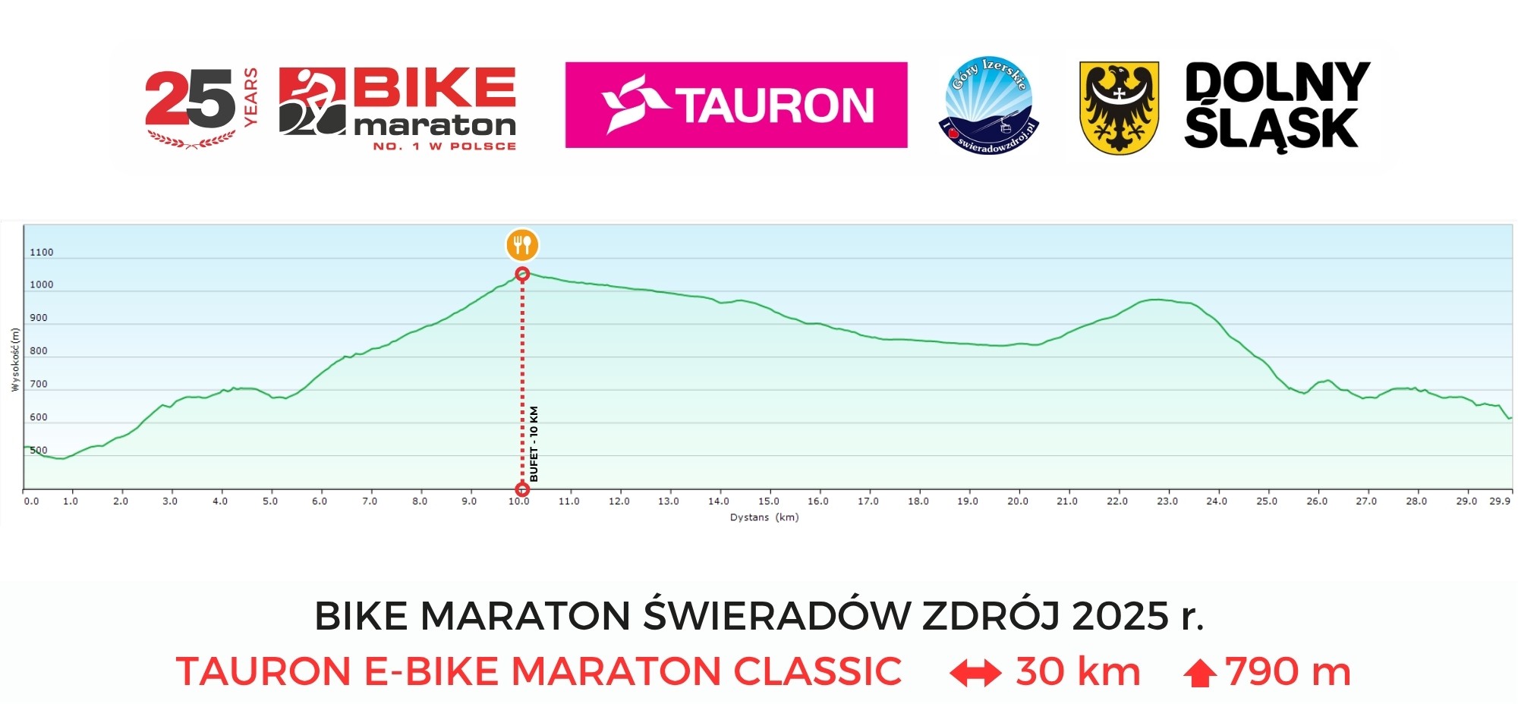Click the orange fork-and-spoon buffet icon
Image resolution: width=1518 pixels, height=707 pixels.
click(x=522, y=245)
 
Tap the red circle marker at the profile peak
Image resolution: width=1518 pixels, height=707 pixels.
click(x=522, y=274)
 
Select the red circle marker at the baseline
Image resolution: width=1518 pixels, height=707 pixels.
click(x=522, y=489)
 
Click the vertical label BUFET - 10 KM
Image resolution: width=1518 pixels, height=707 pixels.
click(x=534, y=444)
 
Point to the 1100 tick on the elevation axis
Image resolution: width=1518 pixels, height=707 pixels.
click(x=41, y=253)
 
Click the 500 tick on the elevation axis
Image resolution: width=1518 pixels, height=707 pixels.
click(x=38, y=451)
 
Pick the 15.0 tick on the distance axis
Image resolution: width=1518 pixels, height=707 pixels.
click(x=768, y=501)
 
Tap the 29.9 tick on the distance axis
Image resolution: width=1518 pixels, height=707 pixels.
click(x=1499, y=501)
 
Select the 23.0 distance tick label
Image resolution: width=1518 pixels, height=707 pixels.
click(x=1167, y=501)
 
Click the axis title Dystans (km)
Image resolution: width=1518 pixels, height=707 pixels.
click(x=764, y=517)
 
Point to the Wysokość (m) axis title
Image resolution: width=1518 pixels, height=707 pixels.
click(x=14, y=359)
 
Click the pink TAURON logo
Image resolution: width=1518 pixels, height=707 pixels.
click(x=736, y=105)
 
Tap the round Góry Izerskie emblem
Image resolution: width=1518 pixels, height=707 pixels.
click(x=990, y=105)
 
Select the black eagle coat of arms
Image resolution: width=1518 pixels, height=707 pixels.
click(x=1119, y=108)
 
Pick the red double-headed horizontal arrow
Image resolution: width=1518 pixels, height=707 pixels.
click(x=975, y=673)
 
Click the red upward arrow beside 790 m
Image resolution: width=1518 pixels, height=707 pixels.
click(x=1200, y=673)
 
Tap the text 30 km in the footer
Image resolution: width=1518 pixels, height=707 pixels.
click(x=1078, y=672)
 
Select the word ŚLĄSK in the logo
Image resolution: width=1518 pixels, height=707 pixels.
click(x=1271, y=129)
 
